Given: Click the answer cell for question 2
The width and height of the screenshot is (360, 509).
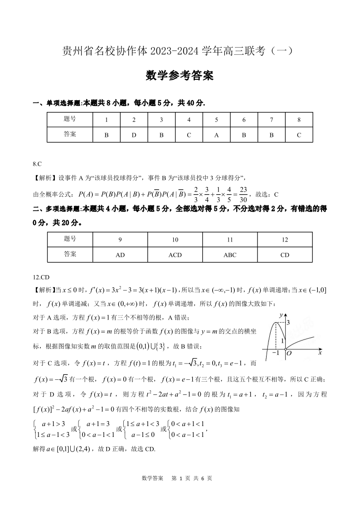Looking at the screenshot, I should point(134,135).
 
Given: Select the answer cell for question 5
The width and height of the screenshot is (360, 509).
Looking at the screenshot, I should point(216,135).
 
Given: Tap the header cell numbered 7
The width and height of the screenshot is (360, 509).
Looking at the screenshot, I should point(271,120).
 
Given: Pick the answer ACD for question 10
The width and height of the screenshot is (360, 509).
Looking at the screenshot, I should point(175,255).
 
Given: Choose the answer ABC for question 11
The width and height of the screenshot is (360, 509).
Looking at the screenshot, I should point(230,255).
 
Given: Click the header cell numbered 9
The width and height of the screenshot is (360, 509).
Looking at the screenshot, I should point(120,240).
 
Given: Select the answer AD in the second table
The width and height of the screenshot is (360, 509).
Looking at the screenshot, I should point(120,255).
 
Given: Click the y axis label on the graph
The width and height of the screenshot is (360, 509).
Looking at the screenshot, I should point(281,315).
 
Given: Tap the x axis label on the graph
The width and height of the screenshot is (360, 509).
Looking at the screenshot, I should point(320,352).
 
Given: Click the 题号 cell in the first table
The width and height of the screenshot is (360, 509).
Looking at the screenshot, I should point(70,120).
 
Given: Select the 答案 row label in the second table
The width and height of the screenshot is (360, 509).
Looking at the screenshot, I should point(70,254).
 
